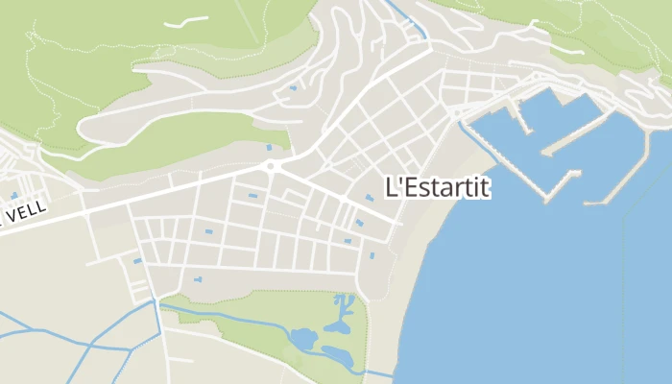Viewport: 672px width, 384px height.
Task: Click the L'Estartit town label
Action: [x=437, y=187]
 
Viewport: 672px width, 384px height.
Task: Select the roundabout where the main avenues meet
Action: [x=272, y=165]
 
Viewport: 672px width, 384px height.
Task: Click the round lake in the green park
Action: [x=302, y=339]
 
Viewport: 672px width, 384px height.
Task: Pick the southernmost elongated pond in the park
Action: [x=338, y=356]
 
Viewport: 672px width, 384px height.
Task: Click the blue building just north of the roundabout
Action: [x=269, y=147]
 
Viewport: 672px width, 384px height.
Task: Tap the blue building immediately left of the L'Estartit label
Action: [x=370, y=198]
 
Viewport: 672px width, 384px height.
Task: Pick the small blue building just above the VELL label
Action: [x=13, y=195]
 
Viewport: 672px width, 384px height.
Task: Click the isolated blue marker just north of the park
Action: [x=198, y=279]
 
